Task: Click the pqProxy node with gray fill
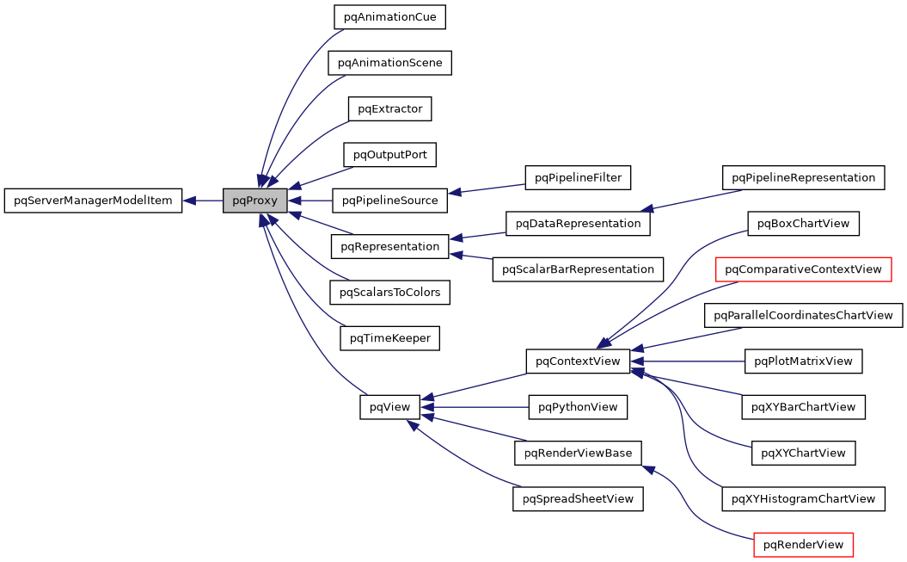click(x=254, y=201)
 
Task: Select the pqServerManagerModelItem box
click(x=93, y=201)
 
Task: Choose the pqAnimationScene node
click(x=389, y=63)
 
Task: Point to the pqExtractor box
click(x=389, y=108)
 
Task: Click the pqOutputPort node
click(x=389, y=155)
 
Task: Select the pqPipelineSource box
click(x=389, y=201)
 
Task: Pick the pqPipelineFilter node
click(x=578, y=177)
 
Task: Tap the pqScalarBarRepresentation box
click(x=578, y=269)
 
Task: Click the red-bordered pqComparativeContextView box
click(x=803, y=269)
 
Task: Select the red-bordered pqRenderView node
click(x=803, y=545)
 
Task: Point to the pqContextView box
click(x=578, y=361)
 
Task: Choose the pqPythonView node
click(x=578, y=407)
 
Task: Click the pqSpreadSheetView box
click(x=578, y=498)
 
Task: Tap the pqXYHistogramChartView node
click(x=803, y=498)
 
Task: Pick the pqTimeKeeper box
click(x=389, y=338)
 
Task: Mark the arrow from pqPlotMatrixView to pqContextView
click(x=688, y=361)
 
